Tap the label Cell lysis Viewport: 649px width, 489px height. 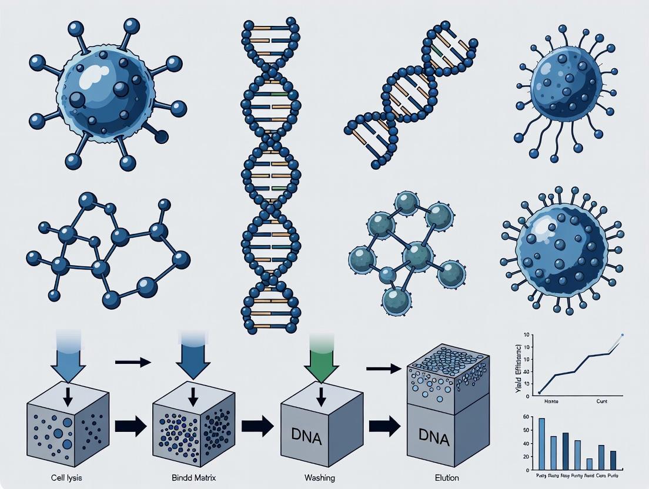tap(61, 478)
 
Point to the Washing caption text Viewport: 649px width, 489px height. tap(320, 478)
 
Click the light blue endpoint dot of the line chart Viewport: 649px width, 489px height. tap(623, 335)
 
